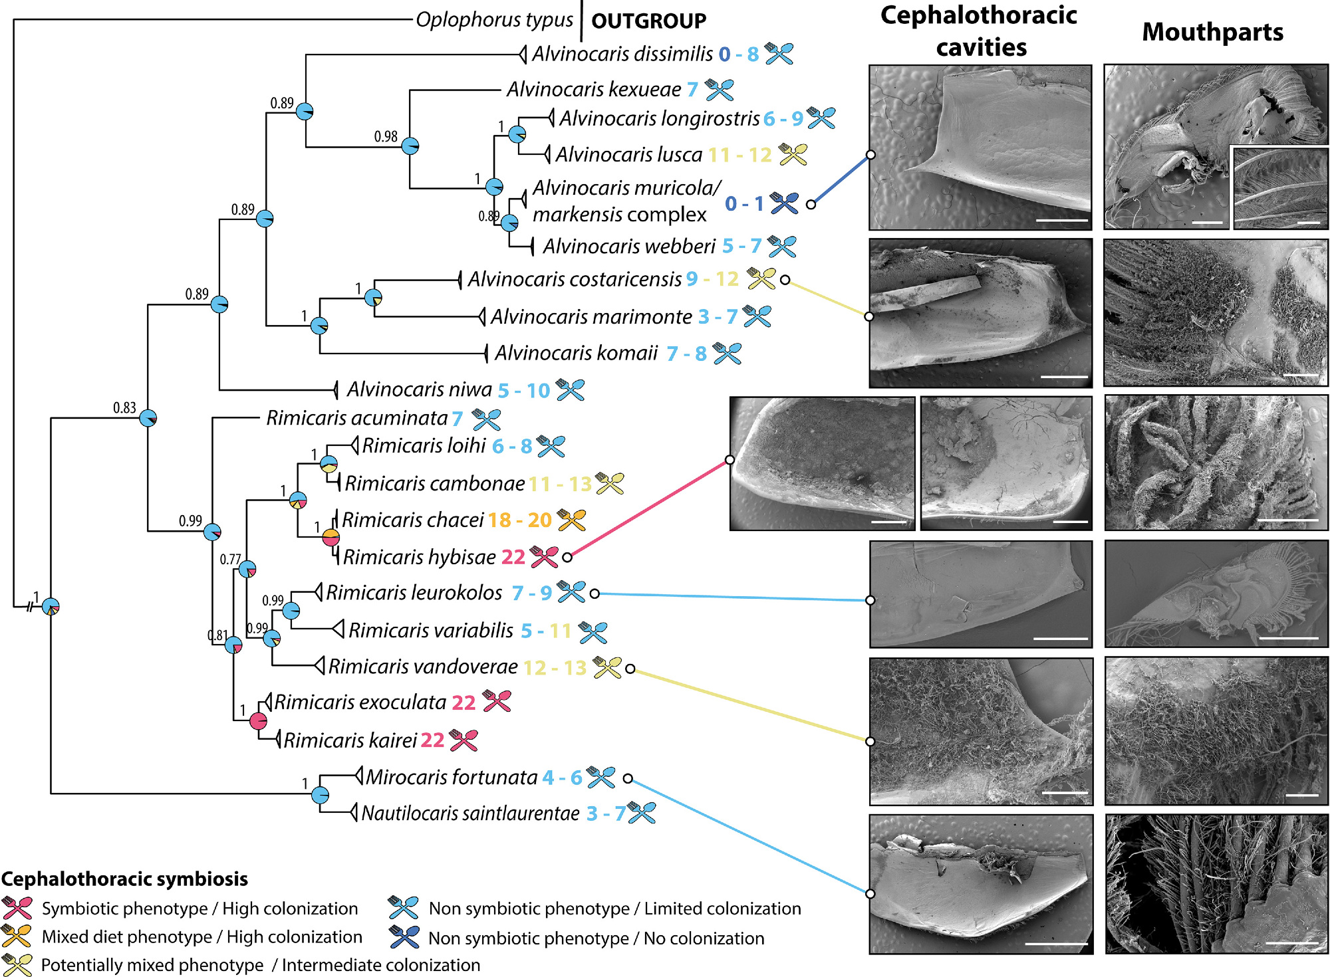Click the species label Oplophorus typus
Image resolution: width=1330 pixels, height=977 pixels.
(494, 20)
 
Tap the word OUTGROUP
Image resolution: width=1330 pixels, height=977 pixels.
(648, 21)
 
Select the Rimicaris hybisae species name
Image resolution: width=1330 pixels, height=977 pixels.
(420, 557)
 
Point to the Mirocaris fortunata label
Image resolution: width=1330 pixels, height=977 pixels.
(452, 777)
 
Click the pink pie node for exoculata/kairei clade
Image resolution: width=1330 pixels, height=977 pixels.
(258, 720)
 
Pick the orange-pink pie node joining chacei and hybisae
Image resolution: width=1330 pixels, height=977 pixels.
(331, 537)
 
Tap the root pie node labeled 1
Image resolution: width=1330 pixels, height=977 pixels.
(51, 607)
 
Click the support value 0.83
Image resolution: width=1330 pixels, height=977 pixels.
(124, 407)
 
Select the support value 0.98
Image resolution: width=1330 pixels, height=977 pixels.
(386, 136)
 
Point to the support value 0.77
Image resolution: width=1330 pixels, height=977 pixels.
(230, 559)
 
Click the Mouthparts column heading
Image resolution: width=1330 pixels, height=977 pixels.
(1212, 32)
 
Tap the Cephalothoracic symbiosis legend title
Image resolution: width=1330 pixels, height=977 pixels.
(124, 879)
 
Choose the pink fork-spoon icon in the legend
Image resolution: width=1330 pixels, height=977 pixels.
(17, 908)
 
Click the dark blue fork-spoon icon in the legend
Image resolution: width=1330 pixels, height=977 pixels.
(404, 937)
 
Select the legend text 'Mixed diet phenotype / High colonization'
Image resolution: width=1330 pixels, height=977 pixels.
(201, 936)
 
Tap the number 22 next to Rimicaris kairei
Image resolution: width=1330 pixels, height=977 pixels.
(432, 740)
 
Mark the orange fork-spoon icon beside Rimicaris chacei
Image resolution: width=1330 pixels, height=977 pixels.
(571, 520)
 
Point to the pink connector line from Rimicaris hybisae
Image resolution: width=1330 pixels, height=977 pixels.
(648, 508)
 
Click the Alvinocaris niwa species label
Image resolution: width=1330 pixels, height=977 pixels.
(419, 389)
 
